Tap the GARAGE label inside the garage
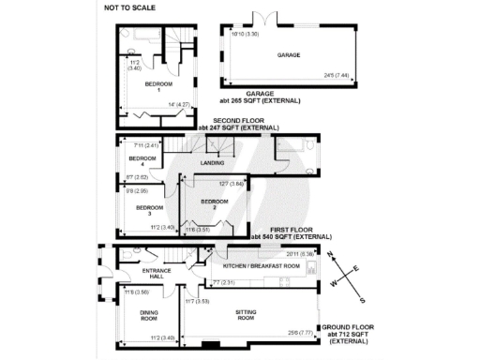(x=288, y=55)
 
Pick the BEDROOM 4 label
(x=142, y=161)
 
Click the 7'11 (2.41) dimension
(x=148, y=145)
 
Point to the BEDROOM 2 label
(x=215, y=203)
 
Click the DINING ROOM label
(x=148, y=316)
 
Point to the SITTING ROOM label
(x=247, y=316)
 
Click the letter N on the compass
(x=330, y=254)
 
